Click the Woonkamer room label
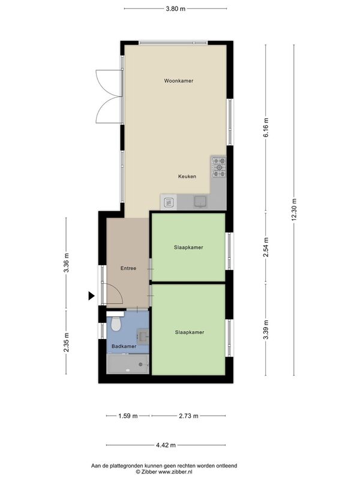coord(178,81)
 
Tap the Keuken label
coord(187,176)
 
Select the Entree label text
coord(128,268)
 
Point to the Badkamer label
coord(124,346)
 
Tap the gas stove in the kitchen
coord(219,167)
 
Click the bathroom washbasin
coord(143,336)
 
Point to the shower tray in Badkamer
coord(128,364)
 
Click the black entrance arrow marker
coord(91,296)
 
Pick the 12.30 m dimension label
coord(294,209)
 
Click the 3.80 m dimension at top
coord(175,8)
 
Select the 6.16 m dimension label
coord(266,127)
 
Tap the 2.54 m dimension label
coord(266,247)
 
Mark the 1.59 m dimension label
coord(128,416)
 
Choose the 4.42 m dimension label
coord(166,445)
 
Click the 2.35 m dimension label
coord(66,342)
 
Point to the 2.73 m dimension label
coord(188,416)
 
